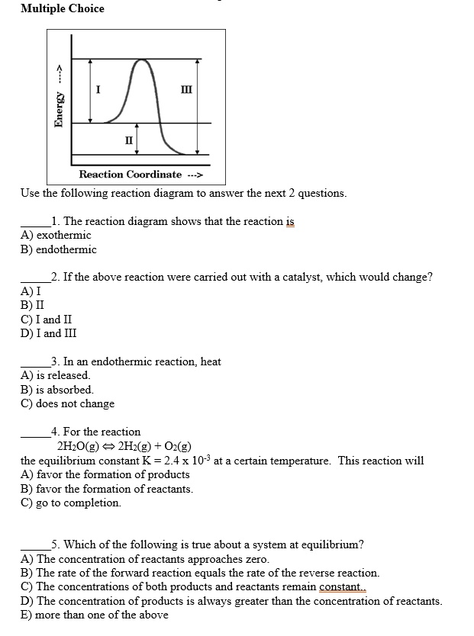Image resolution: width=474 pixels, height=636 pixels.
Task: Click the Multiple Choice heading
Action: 63,8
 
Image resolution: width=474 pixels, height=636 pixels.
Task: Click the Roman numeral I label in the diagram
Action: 98,90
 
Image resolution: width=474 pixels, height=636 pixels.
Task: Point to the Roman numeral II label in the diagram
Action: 128,140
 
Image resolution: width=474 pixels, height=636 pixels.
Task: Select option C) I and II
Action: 47,320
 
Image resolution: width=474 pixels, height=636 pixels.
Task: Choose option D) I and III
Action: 48,333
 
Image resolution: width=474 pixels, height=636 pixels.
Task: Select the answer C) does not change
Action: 67,403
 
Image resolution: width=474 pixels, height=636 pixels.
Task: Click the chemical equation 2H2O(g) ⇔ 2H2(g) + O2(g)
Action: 124,446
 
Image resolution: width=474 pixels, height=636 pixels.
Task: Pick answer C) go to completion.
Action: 70,503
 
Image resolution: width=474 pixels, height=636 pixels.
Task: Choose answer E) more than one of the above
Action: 94,615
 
